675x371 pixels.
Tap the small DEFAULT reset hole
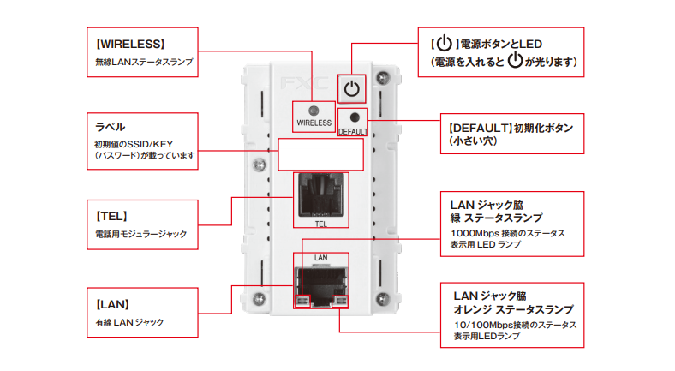tap(353, 117)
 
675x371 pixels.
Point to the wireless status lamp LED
tap(314, 111)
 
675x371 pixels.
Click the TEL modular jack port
tap(321, 195)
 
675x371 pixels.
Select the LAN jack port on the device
tap(321, 283)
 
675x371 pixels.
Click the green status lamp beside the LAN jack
tap(302, 301)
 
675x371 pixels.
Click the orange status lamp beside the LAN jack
tap(341, 301)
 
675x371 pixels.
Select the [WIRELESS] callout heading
tap(130, 43)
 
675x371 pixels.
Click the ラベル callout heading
tap(110, 126)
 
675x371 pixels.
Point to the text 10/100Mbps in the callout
tap(477, 326)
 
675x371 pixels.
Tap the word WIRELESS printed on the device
tap(314, 123)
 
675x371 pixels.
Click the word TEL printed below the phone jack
tap(321, 224)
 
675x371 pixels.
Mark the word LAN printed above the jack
tap(321, 257)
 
